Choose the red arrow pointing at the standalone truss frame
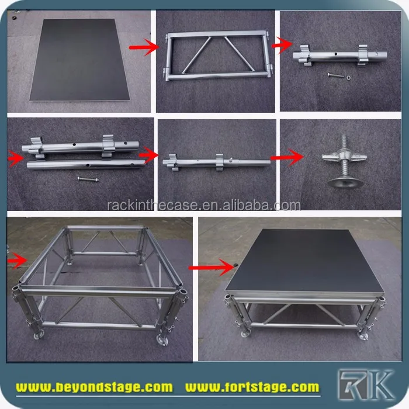pos(150,47)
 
